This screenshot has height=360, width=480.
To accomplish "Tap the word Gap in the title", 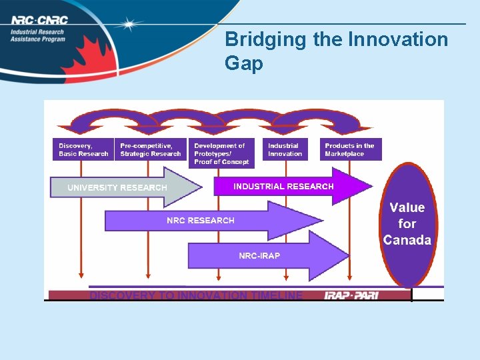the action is [x=244, y=64].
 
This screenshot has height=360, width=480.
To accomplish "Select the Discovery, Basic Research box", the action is [x=83, y=149].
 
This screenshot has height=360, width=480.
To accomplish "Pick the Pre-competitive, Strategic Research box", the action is [x=151, y=149].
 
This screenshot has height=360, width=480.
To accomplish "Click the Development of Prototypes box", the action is [x=221, y=153].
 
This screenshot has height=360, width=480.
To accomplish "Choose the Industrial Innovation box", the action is [x=285, y=149].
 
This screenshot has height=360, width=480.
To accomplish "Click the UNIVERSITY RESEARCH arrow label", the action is [x=117, y=188].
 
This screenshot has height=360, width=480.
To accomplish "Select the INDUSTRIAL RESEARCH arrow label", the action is [x=283, y=187].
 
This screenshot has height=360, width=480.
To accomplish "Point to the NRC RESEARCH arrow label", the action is [x=201, y=221].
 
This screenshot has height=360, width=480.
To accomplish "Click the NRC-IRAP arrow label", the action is [x=259, y=256].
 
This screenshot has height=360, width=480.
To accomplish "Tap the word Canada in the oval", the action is [x=407, y=241].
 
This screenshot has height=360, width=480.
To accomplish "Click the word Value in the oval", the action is [x=407, y=208].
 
